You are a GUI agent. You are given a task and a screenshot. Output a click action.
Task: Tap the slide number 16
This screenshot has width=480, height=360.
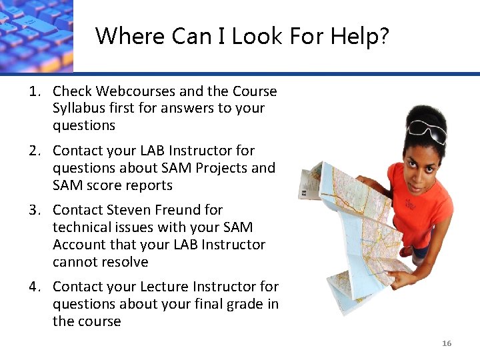pyautogui.click(x=447, y=343)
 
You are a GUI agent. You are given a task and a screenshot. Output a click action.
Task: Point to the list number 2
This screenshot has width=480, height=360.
pyautogui.click(x=34, y=151)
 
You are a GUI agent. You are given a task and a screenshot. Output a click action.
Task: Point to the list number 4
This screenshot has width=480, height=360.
pyautogui.click(x=34, y=287)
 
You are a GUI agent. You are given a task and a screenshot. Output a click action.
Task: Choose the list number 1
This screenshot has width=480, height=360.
pyautogui.click(x=33, y=91)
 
